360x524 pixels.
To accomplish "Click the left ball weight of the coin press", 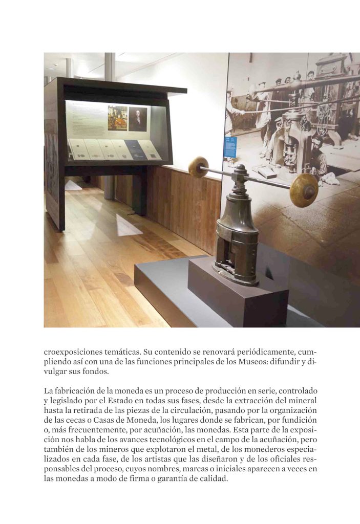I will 198,167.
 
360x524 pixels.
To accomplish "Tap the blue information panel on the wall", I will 230,147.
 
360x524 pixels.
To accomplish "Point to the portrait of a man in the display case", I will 137,119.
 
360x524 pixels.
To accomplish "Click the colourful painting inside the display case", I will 117,118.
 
